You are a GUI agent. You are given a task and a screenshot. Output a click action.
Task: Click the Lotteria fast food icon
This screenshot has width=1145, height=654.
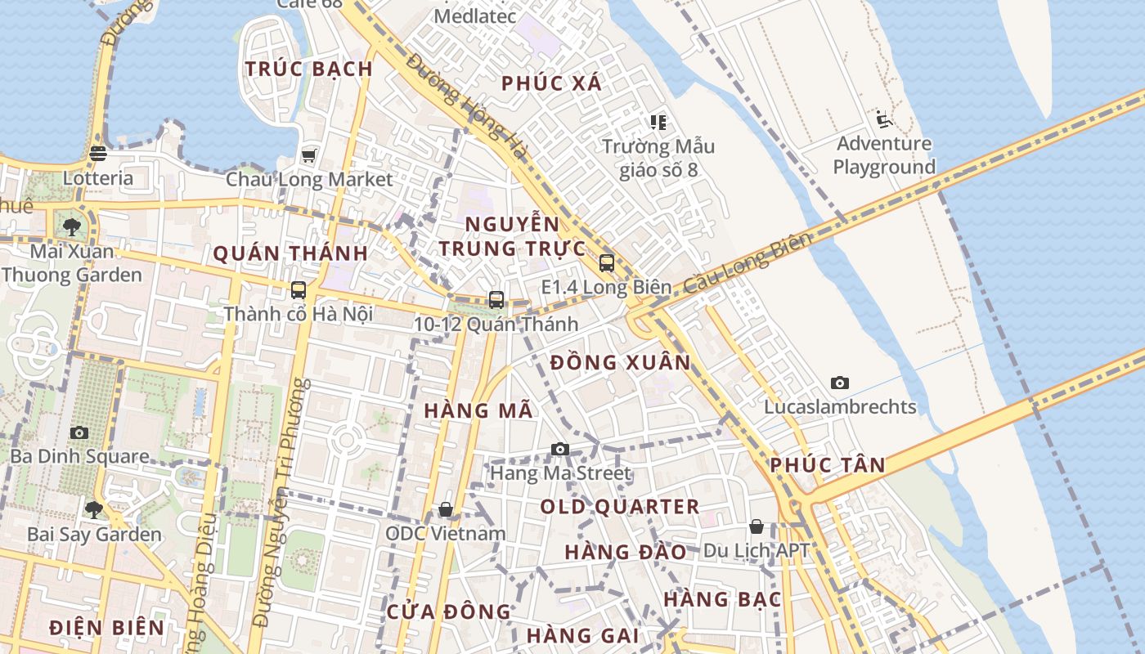click(98, 153)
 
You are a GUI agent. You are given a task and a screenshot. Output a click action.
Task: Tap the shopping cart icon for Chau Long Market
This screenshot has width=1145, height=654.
click(309, 155)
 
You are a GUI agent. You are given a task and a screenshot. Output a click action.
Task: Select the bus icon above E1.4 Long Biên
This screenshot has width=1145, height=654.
click(606, 263)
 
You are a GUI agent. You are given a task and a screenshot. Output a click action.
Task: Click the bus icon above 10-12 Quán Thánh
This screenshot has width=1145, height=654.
click(496, 299)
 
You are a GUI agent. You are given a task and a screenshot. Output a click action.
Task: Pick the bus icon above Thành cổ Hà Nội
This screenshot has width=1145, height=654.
click(299, 289)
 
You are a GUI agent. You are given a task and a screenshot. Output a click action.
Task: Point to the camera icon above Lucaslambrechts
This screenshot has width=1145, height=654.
click(839, 383)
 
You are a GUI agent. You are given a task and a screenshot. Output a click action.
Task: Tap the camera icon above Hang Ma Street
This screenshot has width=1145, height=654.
click(560, 449)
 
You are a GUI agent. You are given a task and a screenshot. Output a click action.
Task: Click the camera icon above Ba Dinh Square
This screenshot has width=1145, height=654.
click(79, 432)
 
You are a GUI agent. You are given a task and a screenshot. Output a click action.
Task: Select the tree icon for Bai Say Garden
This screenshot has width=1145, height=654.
click(94, 510)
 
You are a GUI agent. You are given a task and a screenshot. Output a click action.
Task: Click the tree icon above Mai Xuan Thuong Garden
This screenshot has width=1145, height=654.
click(72, 226)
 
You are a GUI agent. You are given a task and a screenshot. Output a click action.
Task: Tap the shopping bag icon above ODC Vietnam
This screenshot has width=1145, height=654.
click(446, 509)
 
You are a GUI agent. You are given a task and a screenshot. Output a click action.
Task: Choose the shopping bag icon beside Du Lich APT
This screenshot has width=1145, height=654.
click(757, 526)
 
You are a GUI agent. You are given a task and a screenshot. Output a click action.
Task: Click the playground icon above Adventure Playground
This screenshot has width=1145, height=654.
click(882, 119)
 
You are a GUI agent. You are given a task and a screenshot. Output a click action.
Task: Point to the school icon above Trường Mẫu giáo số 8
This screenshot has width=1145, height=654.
click(658, 123)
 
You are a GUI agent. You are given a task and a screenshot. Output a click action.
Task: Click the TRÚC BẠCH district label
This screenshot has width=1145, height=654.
click(309, 69)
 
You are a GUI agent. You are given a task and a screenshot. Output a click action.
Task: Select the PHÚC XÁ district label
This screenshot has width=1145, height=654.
click(551, 83)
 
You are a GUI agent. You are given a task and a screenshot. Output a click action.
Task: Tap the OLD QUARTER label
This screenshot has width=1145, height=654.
click(619, 507)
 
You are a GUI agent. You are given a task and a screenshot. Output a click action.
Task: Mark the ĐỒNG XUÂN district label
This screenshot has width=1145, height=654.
click(620, 362)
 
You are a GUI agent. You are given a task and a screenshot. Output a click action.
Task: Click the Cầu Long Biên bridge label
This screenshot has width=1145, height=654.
click(747, 262)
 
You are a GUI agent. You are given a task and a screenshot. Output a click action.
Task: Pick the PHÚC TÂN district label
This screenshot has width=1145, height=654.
click(827, 465)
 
